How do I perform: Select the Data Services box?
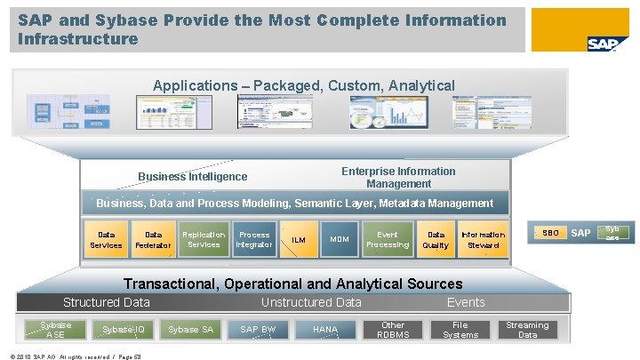107,240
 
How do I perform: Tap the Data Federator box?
154,240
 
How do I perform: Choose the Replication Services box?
204,240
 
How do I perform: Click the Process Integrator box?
254,240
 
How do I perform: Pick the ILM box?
299,240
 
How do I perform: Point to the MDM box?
339,240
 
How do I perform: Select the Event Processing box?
388,240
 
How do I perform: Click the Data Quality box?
436,240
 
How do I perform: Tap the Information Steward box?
484,240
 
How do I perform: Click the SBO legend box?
551,233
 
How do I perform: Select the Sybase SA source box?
190,330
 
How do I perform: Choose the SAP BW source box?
258,330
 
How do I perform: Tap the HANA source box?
325,330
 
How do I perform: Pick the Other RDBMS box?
393,330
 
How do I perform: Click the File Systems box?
460,330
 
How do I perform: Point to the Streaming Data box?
528,330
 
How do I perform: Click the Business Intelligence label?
193,177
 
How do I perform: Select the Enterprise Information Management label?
398,177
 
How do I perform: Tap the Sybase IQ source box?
123,330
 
